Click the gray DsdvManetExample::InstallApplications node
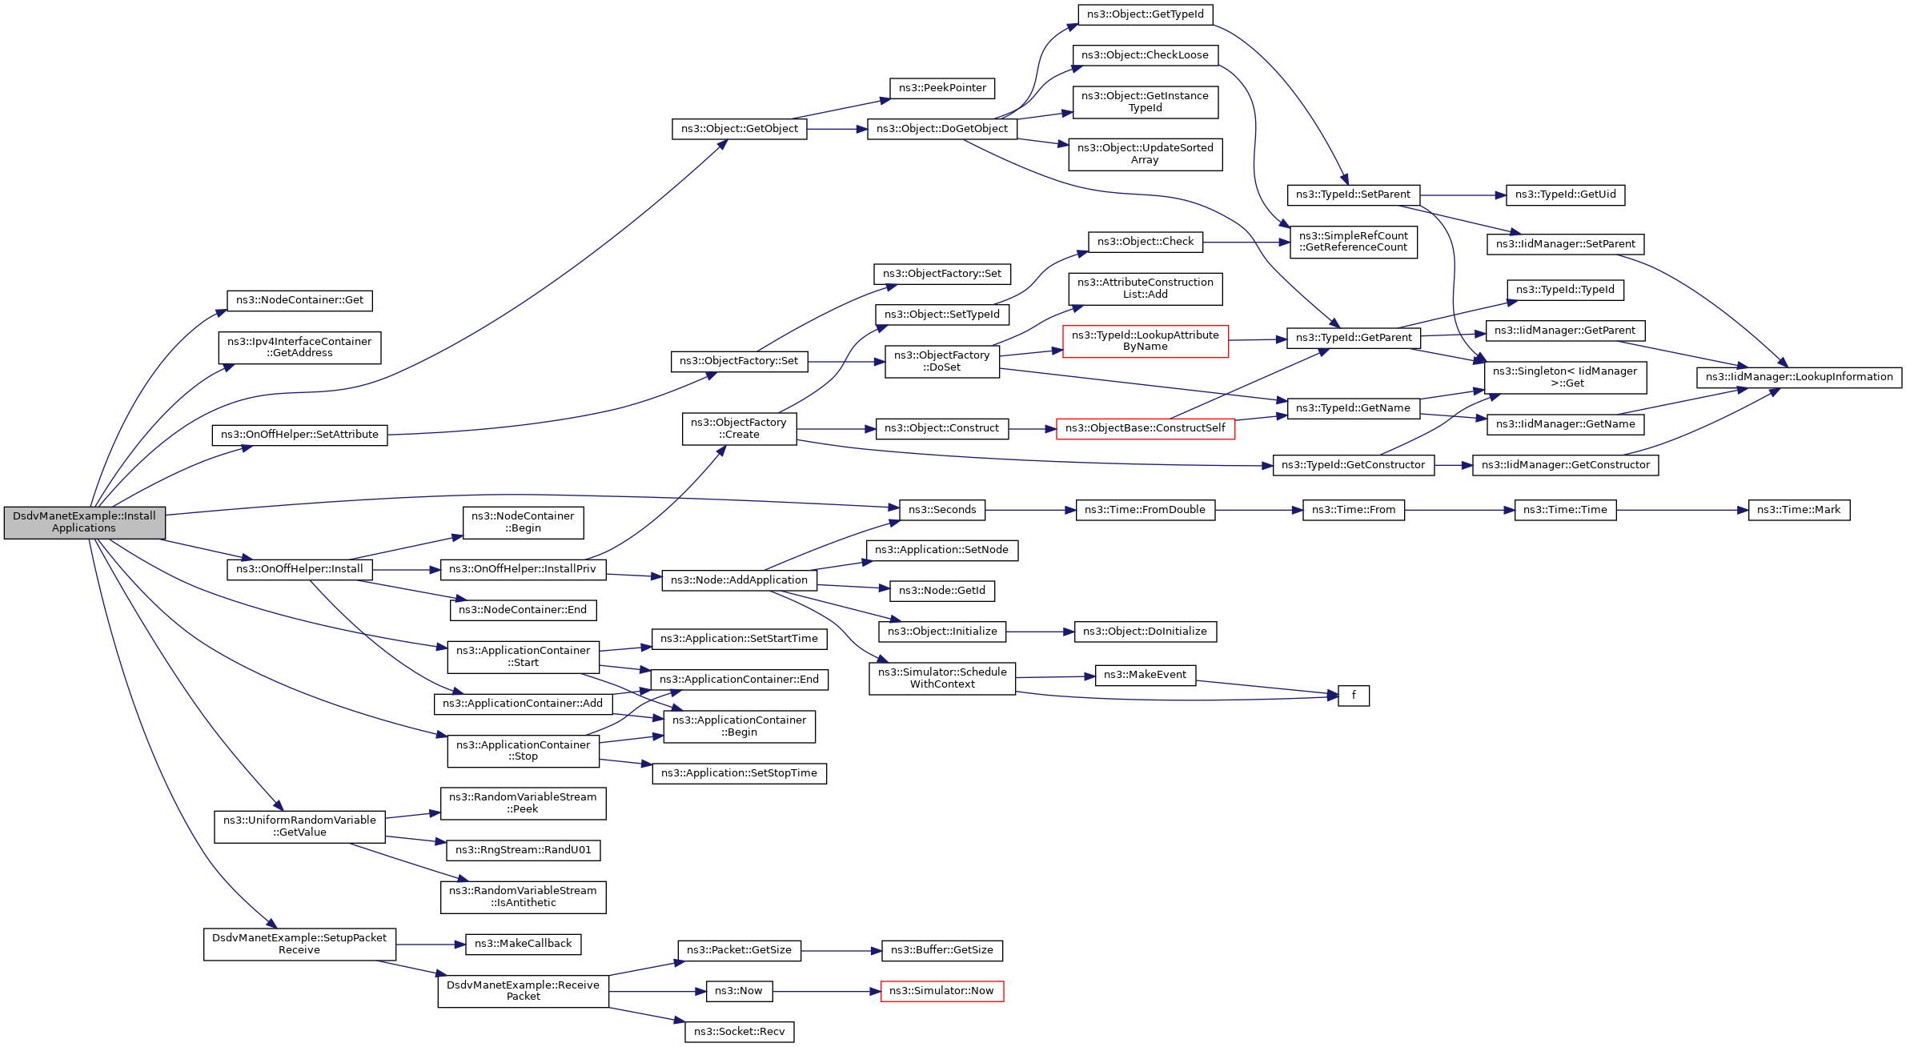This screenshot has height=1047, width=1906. click(x=84, y=523)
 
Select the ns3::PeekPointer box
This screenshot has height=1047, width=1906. click(x=942, y=88)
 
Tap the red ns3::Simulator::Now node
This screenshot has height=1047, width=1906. click(x=942, y=991)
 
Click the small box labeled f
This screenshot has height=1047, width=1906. click(x=1354, y=696)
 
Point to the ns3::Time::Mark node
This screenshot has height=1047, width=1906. click(x=1799, y=510)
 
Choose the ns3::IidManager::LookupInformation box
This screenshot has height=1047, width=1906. click(x=1800, y=377)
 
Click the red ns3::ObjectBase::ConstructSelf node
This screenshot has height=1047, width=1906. click(x=1146, y=428)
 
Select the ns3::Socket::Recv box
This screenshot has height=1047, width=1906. click(x=740, y=1032)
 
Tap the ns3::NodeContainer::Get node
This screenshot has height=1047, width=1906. click(x=299, y=300)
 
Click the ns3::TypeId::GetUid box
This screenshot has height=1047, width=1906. click(x=1566, y=195)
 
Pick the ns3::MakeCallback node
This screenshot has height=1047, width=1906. click(x=524, y=944)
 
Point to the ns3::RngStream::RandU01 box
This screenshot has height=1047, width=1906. click(x=524, y=850)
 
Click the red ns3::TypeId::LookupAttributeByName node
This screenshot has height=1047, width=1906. click(x=1146, y=341)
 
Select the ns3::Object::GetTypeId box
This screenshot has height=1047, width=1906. click(x=1146, y=14)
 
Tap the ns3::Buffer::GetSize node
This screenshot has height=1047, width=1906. click(x=942, y=950)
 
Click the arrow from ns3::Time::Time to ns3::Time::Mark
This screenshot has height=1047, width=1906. click(x=1683, y=510)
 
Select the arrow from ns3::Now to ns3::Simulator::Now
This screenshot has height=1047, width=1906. click(x=827, y=991)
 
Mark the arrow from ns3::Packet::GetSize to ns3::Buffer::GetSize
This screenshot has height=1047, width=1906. click(x=841, y=950)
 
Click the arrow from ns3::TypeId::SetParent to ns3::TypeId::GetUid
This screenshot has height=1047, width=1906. click(x=1463, y=195)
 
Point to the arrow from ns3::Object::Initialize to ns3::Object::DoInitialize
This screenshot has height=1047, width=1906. click(x=1040, y=632)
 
